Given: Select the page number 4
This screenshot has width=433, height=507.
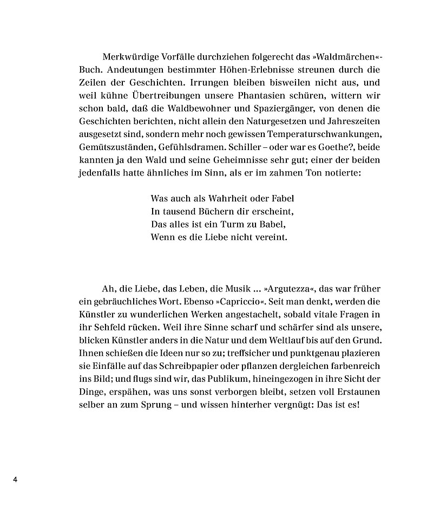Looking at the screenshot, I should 16,480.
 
